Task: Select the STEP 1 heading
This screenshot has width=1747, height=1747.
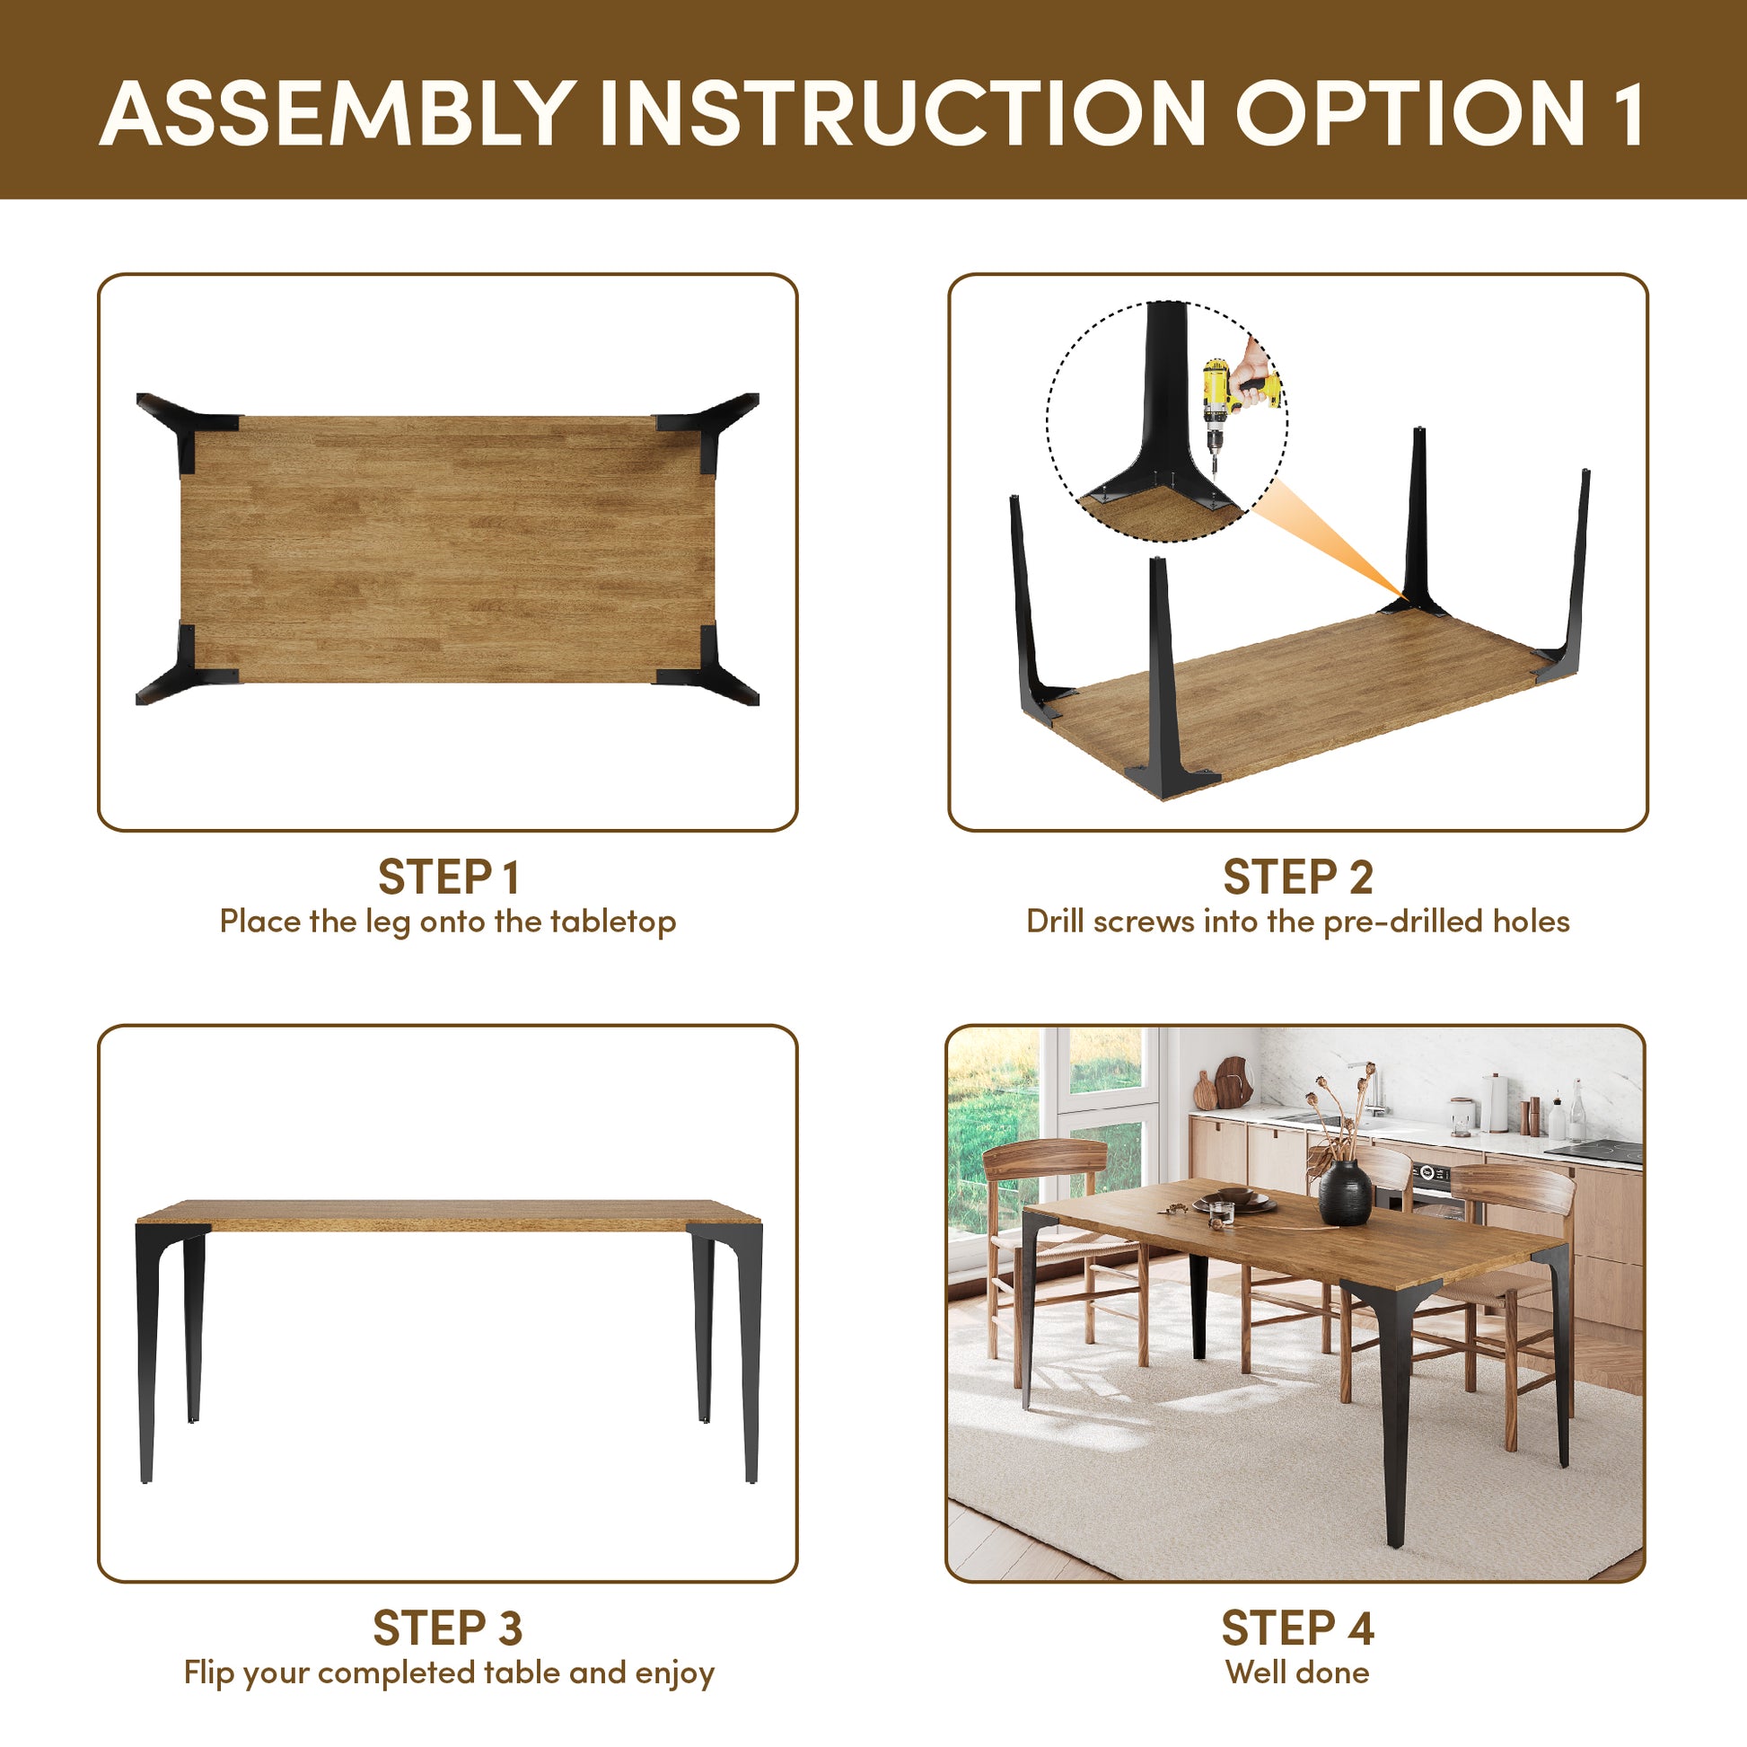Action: [448, 877]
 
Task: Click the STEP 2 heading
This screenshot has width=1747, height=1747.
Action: [1297, 877]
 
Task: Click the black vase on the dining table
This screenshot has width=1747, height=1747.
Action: [1345, 1193]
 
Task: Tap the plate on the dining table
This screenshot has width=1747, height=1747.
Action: [1234, 1203]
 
